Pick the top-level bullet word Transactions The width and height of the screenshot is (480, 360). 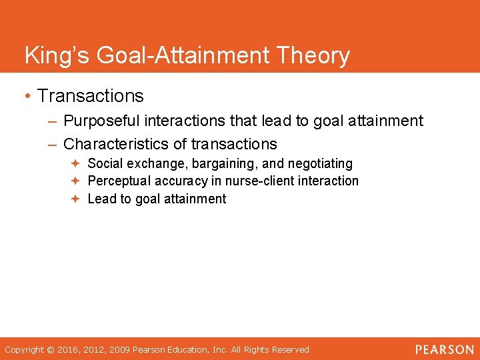(91, 96)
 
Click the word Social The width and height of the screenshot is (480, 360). (105, 163)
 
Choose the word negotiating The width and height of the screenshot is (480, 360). (320, 164)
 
